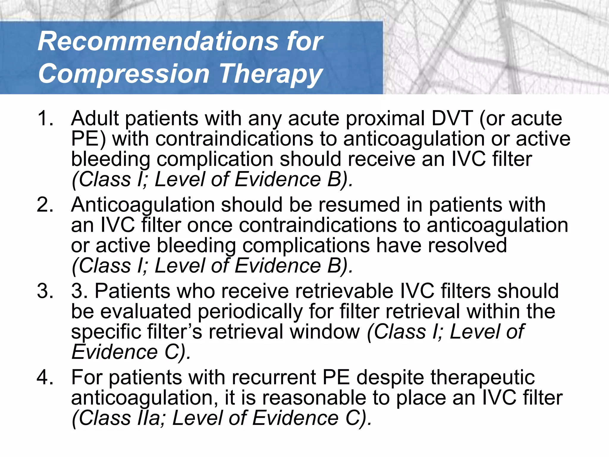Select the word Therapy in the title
(271, 74)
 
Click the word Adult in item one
(95, 118)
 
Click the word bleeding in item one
(110, 159)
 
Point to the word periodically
(250, 312)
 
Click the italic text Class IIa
(119, 418)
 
